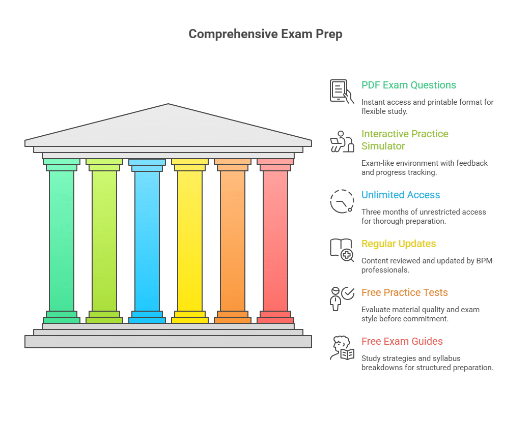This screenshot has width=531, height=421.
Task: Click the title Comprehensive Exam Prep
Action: click(x=265, y=34)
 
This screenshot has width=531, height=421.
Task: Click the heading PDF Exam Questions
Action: click(x=408, y=85)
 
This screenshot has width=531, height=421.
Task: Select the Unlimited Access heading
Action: click(x=401, y=195)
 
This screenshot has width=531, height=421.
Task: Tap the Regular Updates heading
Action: click(x=399, y=244)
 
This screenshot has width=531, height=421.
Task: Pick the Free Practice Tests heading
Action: click(x=405, y=292)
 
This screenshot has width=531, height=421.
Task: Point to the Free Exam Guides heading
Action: click(x=402, y=341)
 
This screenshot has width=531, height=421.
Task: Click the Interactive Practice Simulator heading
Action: click(x=405, y=140)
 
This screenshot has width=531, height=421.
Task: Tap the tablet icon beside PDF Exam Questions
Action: click(x=341, y=91)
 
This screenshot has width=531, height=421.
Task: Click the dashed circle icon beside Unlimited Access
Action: click(x=342, y=201)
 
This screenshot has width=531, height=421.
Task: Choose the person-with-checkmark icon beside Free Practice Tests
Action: click(x=341, y=298)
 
